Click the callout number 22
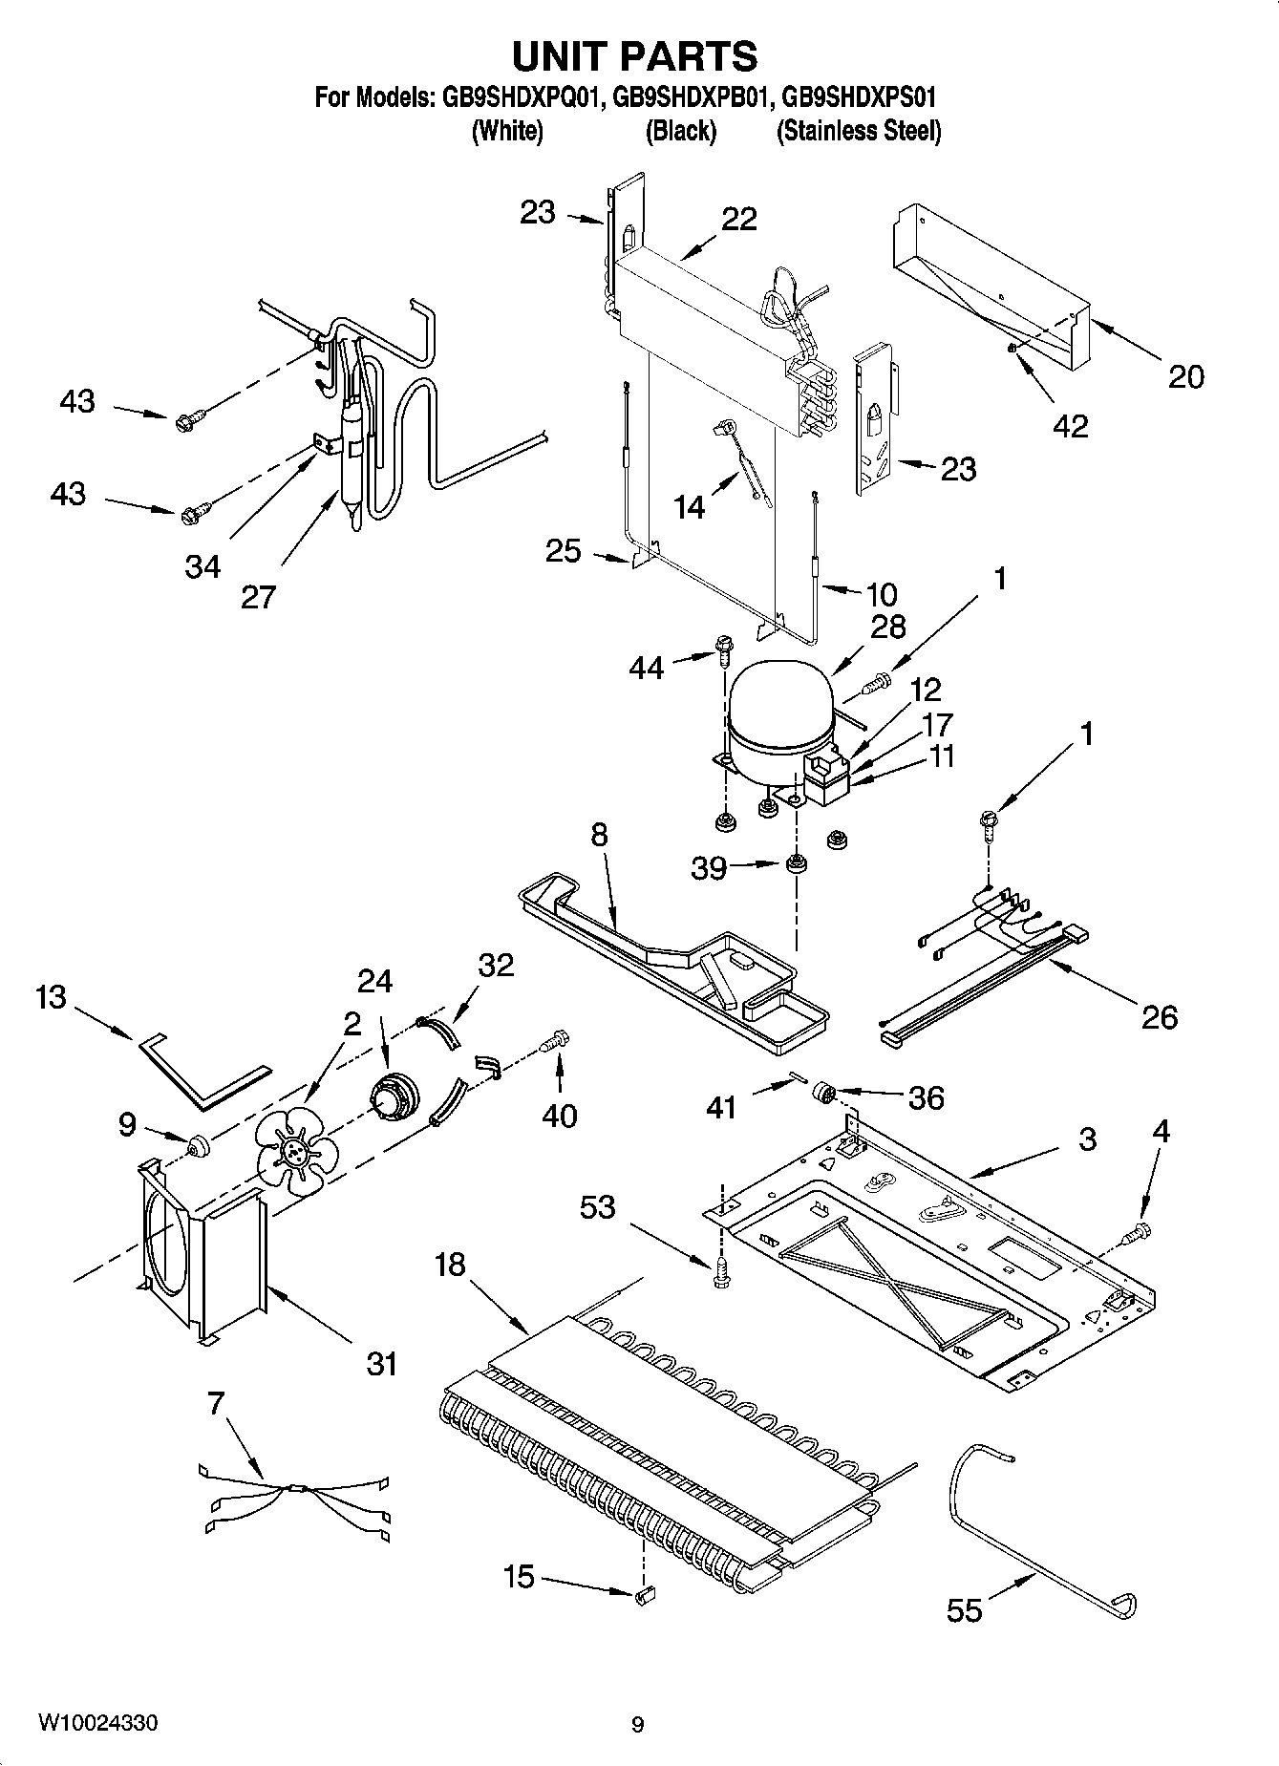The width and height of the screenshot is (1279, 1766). (738, 220)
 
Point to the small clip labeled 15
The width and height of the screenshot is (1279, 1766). (644, 1594)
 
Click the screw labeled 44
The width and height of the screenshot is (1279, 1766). (722, 653)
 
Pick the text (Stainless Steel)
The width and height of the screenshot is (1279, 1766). (859, 131)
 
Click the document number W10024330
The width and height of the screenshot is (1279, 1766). (98, 1723)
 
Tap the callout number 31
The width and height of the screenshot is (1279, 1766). (381, 1363)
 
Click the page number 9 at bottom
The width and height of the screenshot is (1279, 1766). (637, 1724)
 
